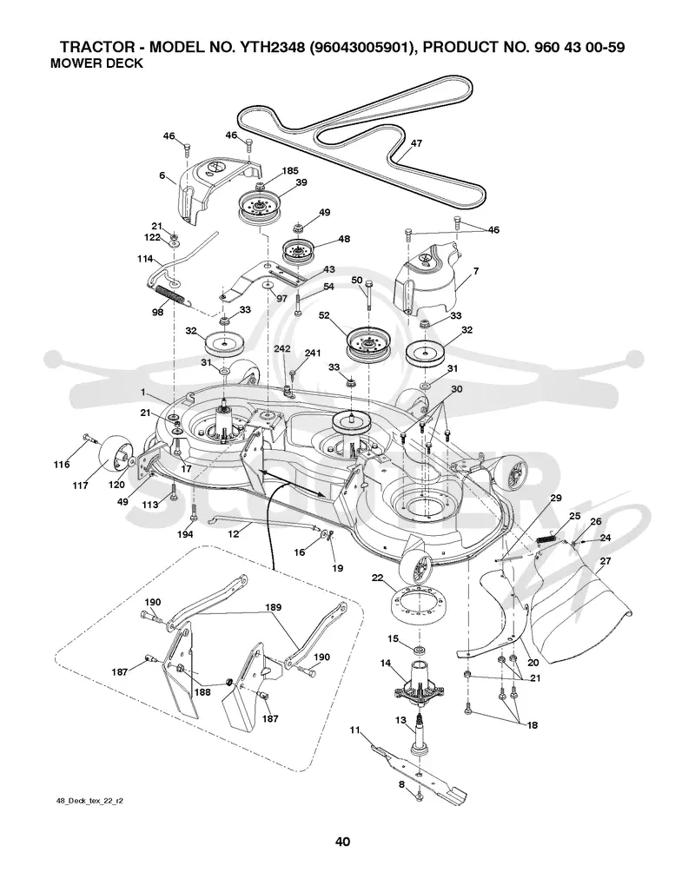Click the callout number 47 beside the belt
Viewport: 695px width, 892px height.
pos(417,143)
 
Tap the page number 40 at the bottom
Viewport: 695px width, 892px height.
pos(342,842)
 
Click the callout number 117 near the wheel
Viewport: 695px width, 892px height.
pos(80,486)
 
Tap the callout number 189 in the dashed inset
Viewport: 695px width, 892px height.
pos(273,608)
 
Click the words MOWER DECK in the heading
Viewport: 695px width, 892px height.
pos(96,63)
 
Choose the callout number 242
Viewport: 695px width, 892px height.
pos(282,348)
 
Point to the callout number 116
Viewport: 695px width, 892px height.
pos(62,464)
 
